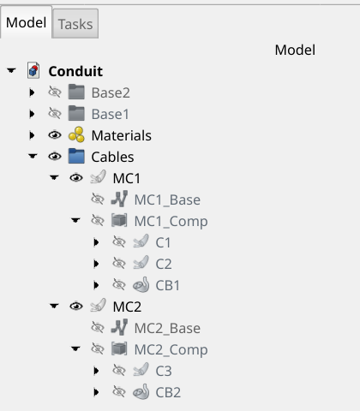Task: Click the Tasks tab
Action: [x=75, y=24]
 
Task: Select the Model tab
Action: [x=26, y=22]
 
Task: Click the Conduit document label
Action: [x=75, y=71]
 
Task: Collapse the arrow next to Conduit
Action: [x=11, y=70]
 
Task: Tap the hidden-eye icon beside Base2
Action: [x=55, y=92]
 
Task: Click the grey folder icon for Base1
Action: [x=76, y=113]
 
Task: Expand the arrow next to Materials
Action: [x=32, y=135]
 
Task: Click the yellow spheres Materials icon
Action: [x=76, y=134]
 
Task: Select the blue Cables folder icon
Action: [x=76, y=156]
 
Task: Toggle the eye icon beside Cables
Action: [x=55, y=157]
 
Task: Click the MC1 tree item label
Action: [x=127, y=178]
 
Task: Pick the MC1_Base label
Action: [x=167, y=200]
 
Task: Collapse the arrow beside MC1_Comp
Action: [x=75, y=220]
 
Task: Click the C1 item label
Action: [x=163, y=242]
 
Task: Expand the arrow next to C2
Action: [x=96, y=264]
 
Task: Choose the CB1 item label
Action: [x=168, y=285]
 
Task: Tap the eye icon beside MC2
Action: [x=76, y=307]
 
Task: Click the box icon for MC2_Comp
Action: [x=119, y=348]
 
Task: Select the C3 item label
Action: [x=164, y=371]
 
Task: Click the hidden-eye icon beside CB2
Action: [x=119, y=392]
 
